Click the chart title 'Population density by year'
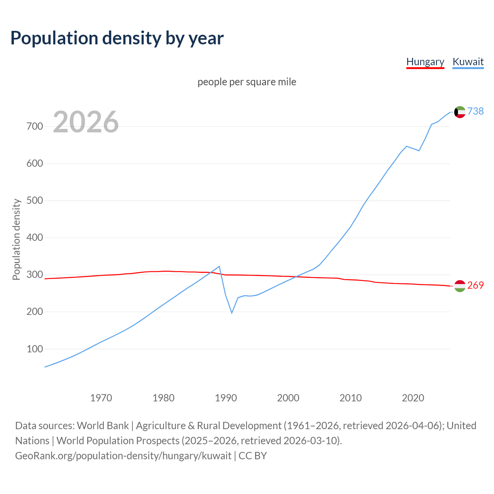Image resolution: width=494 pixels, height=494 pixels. pos(117,38)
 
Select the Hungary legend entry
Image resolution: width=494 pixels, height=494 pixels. pos(425,62)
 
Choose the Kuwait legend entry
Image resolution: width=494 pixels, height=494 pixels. pos(468,62)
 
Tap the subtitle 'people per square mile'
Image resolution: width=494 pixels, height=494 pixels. pos(247,82)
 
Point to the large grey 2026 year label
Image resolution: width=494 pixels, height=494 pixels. pos(86,122)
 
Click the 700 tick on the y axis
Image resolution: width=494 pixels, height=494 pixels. pos(34,127)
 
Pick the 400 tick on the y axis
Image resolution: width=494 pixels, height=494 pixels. pos(34,238)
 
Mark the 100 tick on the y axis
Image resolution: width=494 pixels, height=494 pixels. pos(34,349)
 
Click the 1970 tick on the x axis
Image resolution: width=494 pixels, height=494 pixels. pos(101,398)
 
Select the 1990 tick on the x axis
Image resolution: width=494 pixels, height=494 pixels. pos(226,398)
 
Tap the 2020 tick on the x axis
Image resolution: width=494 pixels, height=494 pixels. pos(413,398)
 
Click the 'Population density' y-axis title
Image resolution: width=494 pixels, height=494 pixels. pos(16,239)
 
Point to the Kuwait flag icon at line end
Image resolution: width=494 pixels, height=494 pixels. pos(460,112)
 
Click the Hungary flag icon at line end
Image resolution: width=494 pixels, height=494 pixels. pos(460,286)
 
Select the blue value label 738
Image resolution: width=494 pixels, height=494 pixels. pos(475,111)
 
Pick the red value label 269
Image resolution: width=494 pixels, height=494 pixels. pos(475,285)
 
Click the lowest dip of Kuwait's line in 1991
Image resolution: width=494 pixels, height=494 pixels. pos(232,313)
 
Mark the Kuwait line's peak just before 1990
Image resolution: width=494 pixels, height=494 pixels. pos(220,266)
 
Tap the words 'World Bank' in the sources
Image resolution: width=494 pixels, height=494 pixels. pos(103,426)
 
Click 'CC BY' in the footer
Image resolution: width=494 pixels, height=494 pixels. pos(253,456)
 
